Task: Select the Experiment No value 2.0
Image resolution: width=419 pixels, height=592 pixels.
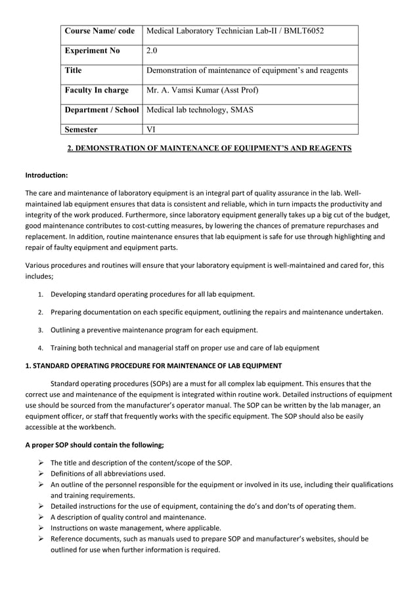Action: pos(152,51)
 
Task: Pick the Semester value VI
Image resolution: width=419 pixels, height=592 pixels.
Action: pos(151,129)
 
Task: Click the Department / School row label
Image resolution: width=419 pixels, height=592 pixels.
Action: pos(102,110)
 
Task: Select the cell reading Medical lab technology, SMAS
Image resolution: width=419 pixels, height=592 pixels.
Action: pos(200,110)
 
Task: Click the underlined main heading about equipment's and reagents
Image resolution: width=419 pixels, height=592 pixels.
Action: pos(209,148)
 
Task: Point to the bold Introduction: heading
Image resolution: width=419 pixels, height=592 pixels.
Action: pos(46,175)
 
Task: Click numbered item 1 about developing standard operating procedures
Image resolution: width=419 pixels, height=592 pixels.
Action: pos(152,294)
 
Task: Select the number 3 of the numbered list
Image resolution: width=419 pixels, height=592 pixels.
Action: pos(40,329)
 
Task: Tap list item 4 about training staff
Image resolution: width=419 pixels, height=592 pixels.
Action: pos(185,347)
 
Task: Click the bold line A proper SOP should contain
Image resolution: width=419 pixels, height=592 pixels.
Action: pos(94,444)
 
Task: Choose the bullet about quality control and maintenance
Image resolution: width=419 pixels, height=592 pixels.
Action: pos(137,517)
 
